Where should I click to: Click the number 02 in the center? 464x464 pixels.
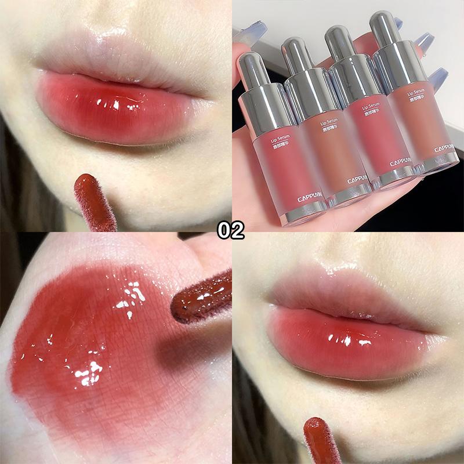click(231, 230)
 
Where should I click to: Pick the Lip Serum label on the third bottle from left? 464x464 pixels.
click(372, 108)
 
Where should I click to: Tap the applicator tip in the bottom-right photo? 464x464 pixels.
click(322, 441)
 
